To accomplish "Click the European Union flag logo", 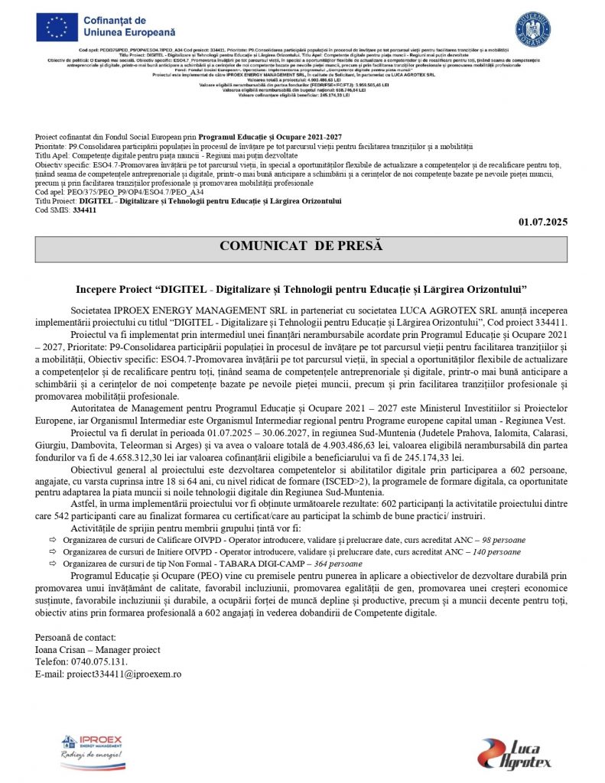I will coord(59,28).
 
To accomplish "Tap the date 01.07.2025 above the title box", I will coord(543,223).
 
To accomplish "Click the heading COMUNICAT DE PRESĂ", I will coord(301,246).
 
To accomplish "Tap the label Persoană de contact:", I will coord(76,637).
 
